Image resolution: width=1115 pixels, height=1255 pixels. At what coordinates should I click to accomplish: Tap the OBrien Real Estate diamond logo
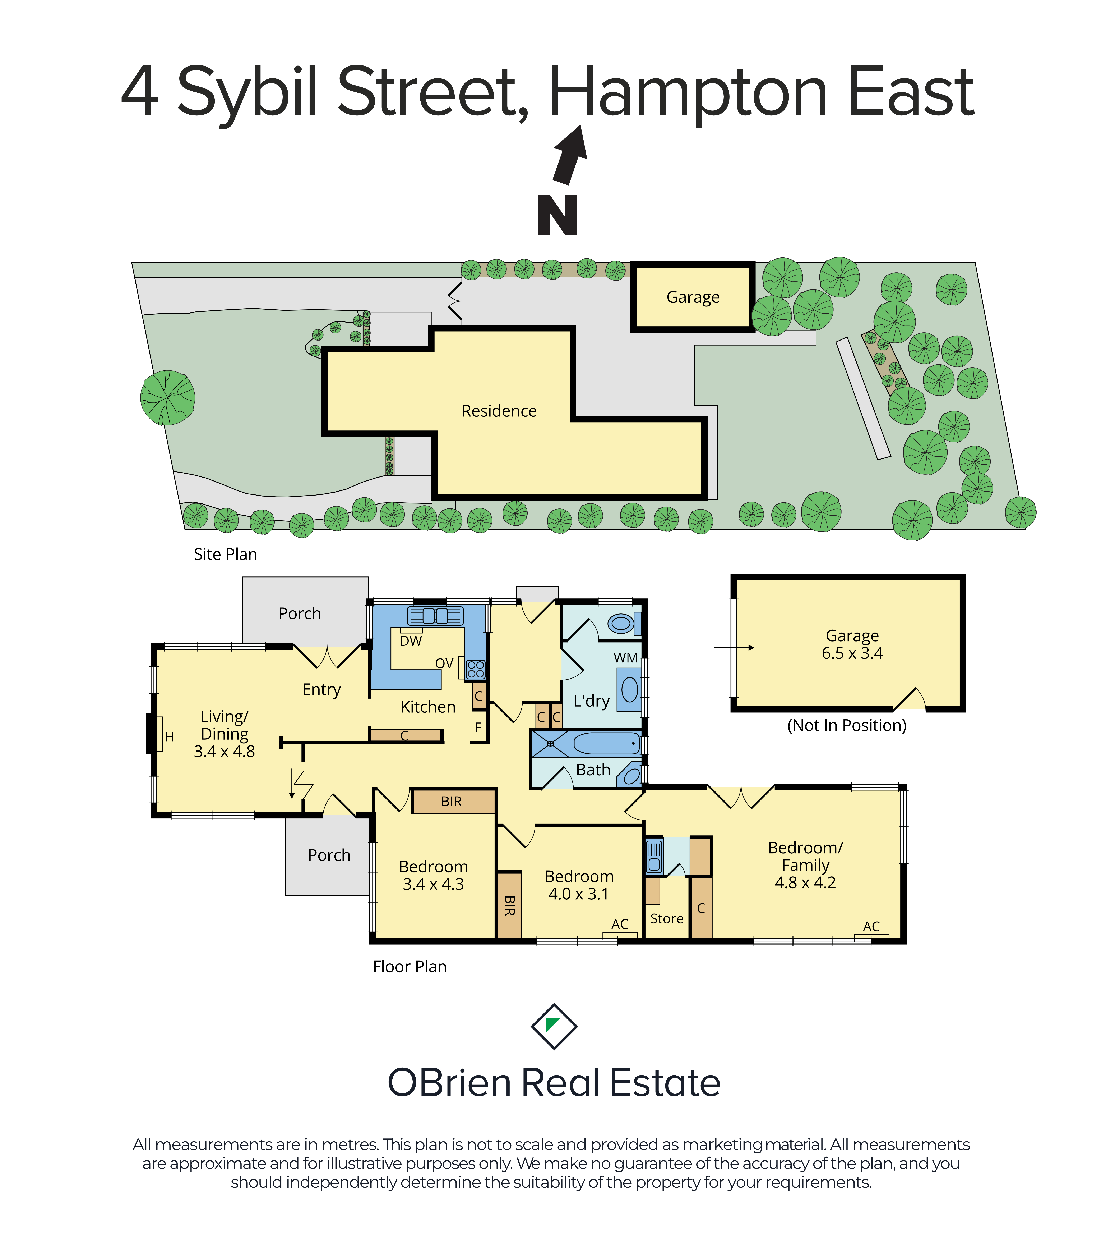pyautogui.click(x=554, y=1027)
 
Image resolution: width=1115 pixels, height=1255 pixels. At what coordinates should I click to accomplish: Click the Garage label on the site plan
pyautogui.click(x=693, y=297)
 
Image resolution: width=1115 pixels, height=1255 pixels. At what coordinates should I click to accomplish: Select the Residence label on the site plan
pyautogui.click(x=499, y=411)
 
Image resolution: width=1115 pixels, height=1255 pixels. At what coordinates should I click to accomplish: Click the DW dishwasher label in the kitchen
pyautogui.click(x=411, y=641)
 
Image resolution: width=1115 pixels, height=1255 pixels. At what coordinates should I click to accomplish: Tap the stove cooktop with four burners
pyautogui.click(x=476, y=669)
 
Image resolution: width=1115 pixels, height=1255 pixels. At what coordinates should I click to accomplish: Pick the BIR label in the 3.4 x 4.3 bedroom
pyautogui.click(x=452, y=801)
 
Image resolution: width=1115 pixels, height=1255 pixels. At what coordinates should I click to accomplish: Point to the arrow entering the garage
pyautogui.click(x=734, y=647)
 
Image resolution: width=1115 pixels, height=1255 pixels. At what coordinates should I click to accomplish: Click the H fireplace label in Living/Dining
pyautogui.click(x=169, y=737)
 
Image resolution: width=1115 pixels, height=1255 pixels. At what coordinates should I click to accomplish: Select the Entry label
pyautogui.click(x=321, y=689)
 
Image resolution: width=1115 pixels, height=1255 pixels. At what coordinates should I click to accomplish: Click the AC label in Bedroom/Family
pyautogui.click(x=871, y=927)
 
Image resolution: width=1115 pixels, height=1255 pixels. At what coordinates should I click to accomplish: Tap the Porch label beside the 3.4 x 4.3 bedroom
pyautogui.click(x=329, y=855)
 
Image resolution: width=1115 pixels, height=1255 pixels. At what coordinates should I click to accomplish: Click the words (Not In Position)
pyautogui.click(x=847, y=726)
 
